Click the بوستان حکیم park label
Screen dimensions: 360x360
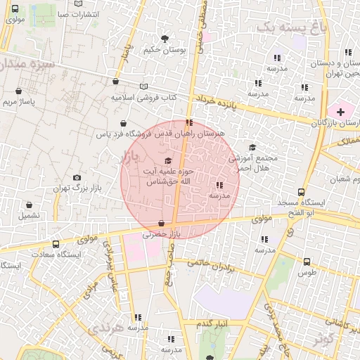[164, 50]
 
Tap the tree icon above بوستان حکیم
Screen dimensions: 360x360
[165, 39]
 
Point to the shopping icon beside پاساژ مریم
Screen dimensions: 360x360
[18, 91]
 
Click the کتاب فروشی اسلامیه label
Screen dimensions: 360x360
[143, 97]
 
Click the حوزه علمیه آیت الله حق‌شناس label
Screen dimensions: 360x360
[169, 176]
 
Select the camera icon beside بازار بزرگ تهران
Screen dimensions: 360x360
[77, 178]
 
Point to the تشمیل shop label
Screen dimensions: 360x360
[30, 215]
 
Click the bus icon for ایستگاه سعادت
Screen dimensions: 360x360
[56, 245]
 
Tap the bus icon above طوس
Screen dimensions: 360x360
[307, 262]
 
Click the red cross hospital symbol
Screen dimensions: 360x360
[341, 111]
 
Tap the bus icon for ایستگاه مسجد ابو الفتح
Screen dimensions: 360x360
[302, 192]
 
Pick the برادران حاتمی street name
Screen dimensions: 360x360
[212, 266]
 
